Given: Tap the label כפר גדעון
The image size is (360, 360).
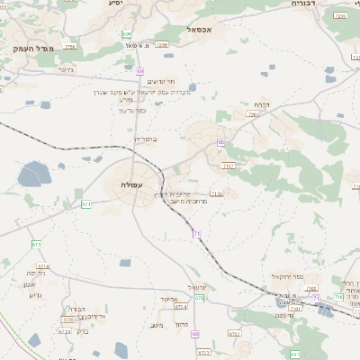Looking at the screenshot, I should (x=131, y=109).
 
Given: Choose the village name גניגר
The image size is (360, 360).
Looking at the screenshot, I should (x=65, y=69).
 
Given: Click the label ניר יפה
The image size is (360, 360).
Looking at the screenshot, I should (x=36, y=272).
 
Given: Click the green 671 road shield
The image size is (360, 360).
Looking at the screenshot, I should (x=86, y=204).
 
